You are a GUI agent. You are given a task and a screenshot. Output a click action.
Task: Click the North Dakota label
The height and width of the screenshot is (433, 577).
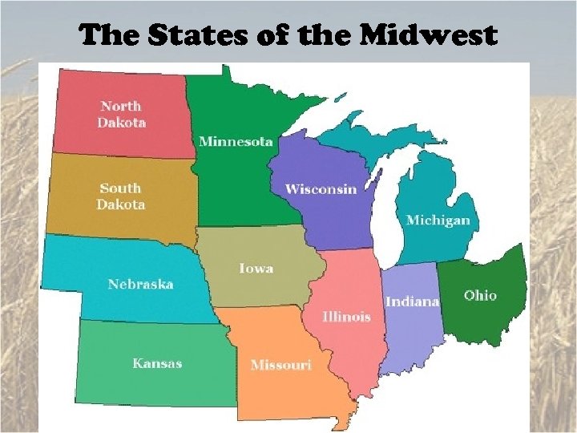click(x=120, y=114)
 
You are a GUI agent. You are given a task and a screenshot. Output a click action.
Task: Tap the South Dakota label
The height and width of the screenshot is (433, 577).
click(x=121, y=196)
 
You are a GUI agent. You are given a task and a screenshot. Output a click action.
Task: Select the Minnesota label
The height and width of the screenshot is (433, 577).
click(x=236, y=142)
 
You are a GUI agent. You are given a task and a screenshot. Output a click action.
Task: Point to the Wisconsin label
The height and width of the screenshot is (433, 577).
click(x=321, y=189)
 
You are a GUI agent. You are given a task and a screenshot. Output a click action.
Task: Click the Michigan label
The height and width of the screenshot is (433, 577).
click(x=438, y=221)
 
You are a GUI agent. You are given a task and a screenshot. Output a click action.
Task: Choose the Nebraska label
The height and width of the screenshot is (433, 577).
click(x=140, y=284)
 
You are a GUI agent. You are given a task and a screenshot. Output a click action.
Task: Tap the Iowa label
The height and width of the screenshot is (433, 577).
click(x=256, y=268)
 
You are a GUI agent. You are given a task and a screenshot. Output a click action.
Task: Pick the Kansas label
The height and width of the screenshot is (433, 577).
click(x=157, y=363)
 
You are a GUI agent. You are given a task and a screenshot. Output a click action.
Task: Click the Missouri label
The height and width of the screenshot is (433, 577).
click(x=280, y=365)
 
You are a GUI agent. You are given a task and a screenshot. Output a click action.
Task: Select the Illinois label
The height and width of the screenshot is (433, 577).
click(x=346, y=317)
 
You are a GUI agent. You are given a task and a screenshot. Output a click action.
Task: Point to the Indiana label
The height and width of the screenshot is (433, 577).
click(x=412, y=301)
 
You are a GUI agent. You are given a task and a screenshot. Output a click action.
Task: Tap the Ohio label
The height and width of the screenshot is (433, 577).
click(x=480, y=295)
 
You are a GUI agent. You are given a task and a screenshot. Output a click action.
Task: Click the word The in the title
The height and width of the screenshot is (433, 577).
click(x=107, y=36)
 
